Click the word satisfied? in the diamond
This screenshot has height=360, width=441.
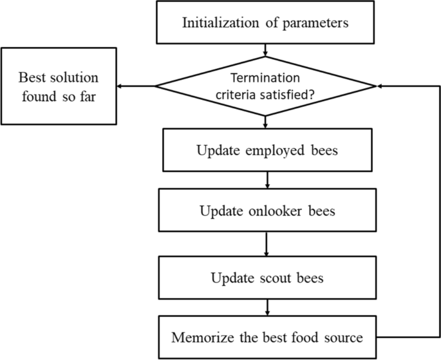[294, 93]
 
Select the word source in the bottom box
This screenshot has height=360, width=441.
[339, 337]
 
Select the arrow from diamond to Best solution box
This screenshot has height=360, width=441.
[136, 86]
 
